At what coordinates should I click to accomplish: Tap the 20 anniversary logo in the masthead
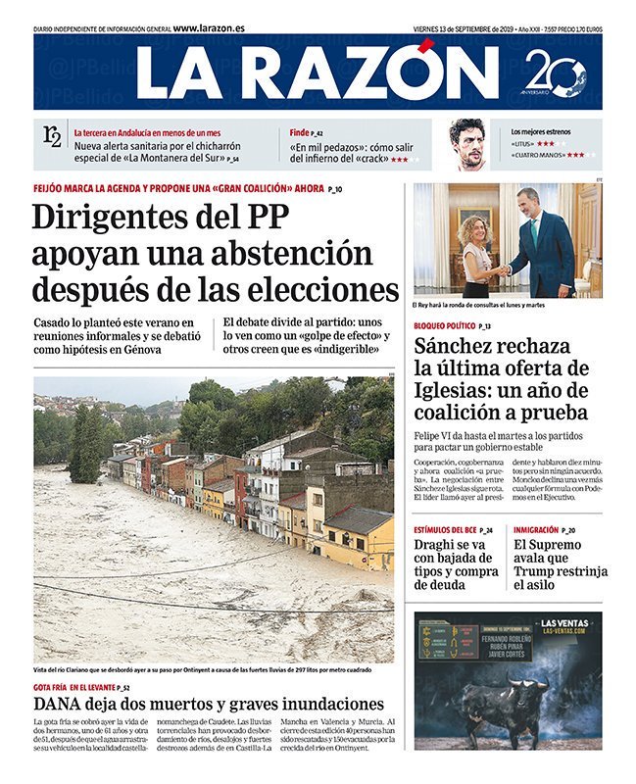[555, 73]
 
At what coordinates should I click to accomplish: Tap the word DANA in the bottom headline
[58, 704]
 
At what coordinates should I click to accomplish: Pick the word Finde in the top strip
[299, 132]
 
